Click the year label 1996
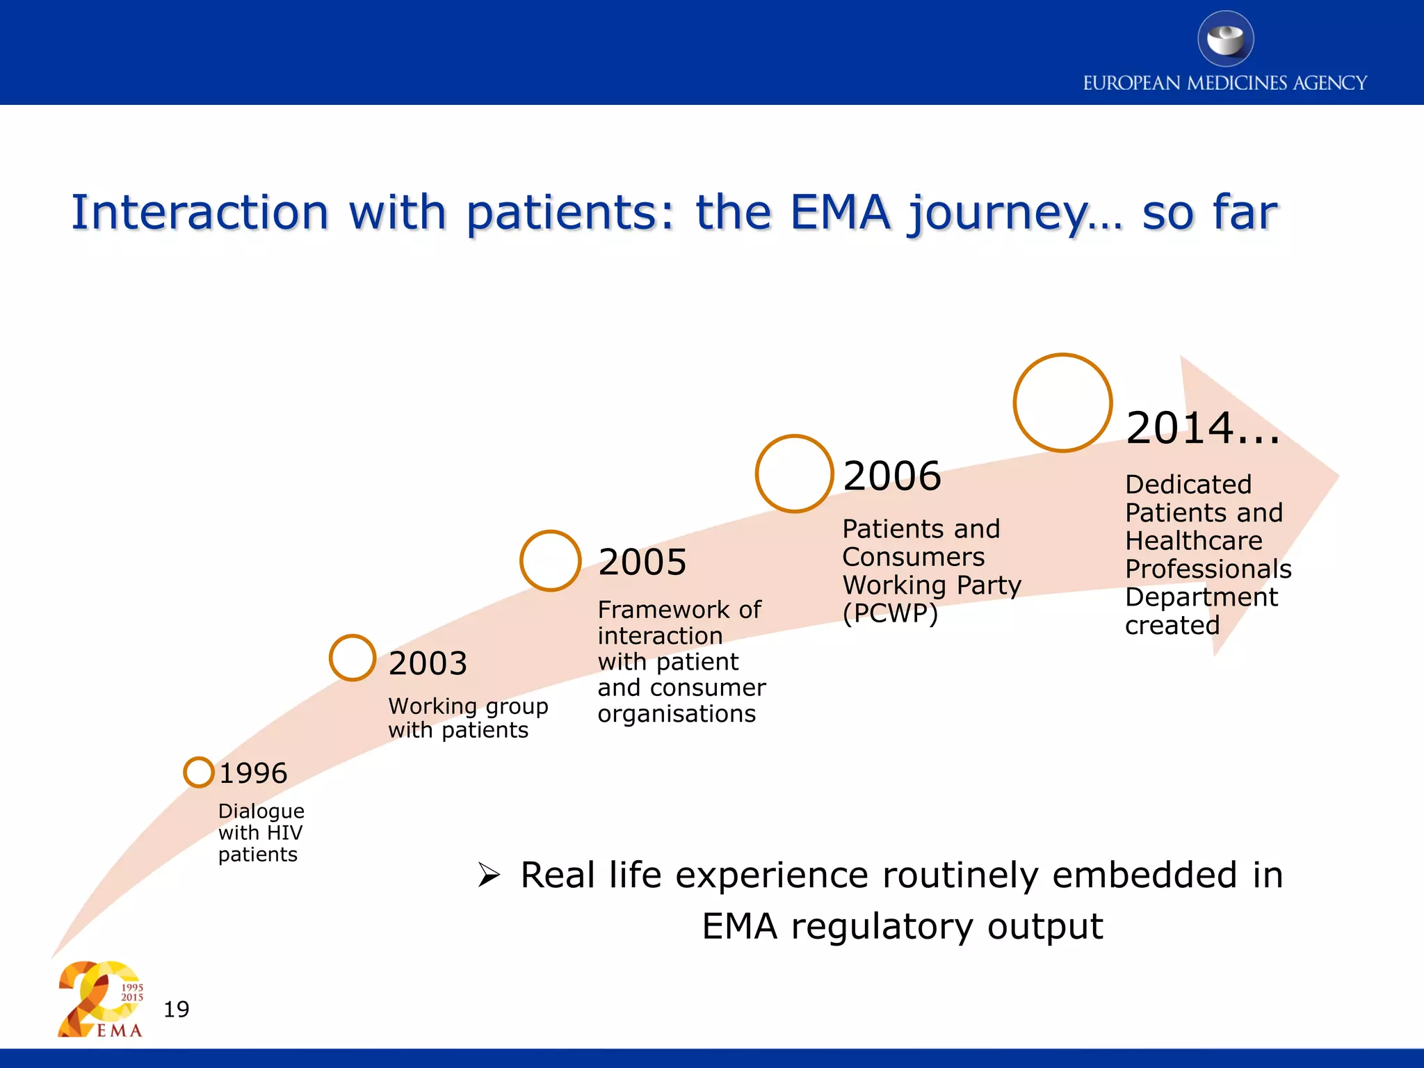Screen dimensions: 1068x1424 (x=253, y=773)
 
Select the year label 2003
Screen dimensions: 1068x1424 (x=428, y=663)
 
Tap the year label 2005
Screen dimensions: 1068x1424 (x=642, y=562)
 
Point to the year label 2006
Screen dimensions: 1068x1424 (x=892, y=476)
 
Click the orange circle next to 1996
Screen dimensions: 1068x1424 (x=199, y=772)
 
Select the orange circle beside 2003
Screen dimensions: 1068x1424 (x=353, y=658)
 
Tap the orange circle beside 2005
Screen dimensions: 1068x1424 (x=550, y=560)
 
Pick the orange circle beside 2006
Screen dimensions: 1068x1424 (x=794, y=474)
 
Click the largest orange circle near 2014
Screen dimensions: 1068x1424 (x=1062, y=403)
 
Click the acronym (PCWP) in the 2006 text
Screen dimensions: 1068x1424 (x=890, y=613)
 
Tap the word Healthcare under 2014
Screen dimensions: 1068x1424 (x=1193, y=541)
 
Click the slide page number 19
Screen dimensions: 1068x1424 (x=177, y=1009)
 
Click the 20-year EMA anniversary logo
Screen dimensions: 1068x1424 (x=100, y=999)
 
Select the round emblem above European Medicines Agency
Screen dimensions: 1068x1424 (x=1225, y=39)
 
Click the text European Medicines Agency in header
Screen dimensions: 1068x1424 (x=1224, y=83)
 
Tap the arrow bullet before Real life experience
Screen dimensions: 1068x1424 (x=489, y=875)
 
